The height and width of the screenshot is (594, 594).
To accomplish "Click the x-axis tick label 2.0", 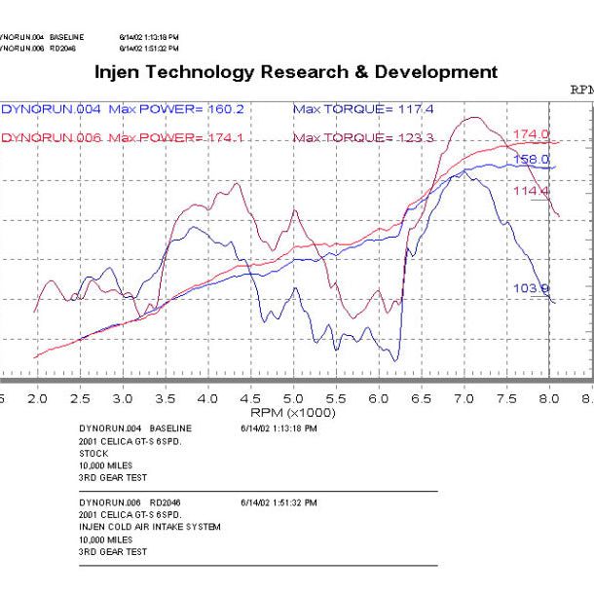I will pyautogui.click(x=37, y=399).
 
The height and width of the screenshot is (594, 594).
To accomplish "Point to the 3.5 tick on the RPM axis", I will pyautogui.click(x=165, y=399).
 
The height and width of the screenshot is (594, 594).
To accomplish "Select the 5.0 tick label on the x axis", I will pyautogui.click(x=293, y=399).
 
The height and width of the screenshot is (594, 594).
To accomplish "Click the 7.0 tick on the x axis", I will pyautogui.click(x=464, y=399).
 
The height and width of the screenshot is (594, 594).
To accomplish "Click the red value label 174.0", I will pyautogui.click(x=532, y=134).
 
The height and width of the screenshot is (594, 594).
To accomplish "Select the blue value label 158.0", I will pyautogui.click(x=532, y=159).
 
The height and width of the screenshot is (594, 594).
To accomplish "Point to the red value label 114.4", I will pyautogui.click(x=532, y=192).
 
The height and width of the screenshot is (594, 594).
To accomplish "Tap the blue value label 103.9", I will pyautogui.click(x=532, y=288).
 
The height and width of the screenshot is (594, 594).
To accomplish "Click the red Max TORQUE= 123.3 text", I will pyautogui.click(x=362, y=138).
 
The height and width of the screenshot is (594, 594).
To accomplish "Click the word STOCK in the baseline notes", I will pyautogui.click(x=93, y=452).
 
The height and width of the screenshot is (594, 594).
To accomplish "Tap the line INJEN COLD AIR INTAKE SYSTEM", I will pyautogui.click(x=149, y=527).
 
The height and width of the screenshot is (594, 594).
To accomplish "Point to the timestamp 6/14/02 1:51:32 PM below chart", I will pyautogui.click(x=278, y=503).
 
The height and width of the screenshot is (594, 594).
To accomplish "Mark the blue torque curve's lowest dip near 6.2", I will pyautogui.click(x=395, y=361).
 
